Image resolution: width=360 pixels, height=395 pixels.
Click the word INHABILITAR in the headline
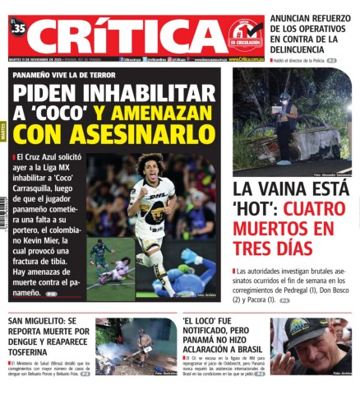[x=139, y=93]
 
